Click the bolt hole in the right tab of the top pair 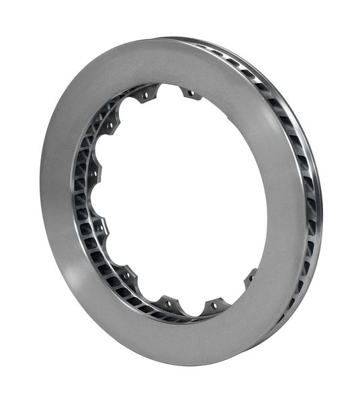[x=191, y=93]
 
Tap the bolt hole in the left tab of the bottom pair [x=168, y=304]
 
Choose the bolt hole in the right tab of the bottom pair [x=214, y=305]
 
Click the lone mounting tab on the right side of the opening [x=251, y=275]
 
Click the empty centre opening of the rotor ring [x=181, y=201]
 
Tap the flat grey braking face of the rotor [x=67, y=222]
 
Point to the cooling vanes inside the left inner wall [x=83, y=201]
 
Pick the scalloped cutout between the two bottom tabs [x=191, y=310]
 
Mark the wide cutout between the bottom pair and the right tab [x=235, y=296]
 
